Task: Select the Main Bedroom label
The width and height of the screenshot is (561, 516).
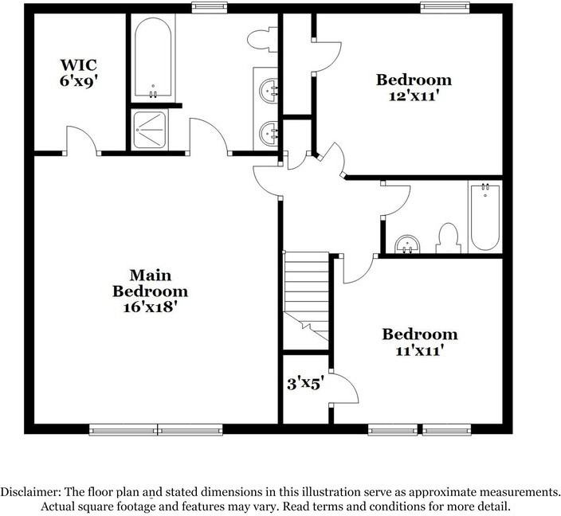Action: coord(150,283)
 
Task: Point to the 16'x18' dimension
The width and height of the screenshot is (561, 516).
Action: coord(150,307)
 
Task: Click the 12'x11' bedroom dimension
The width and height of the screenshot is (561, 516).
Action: coord(414,95)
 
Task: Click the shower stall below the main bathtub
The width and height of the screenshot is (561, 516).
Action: coord(149,129)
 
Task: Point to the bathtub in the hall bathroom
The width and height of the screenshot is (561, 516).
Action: coord(484,217)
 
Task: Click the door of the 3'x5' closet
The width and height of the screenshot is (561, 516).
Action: coord(345,391)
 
